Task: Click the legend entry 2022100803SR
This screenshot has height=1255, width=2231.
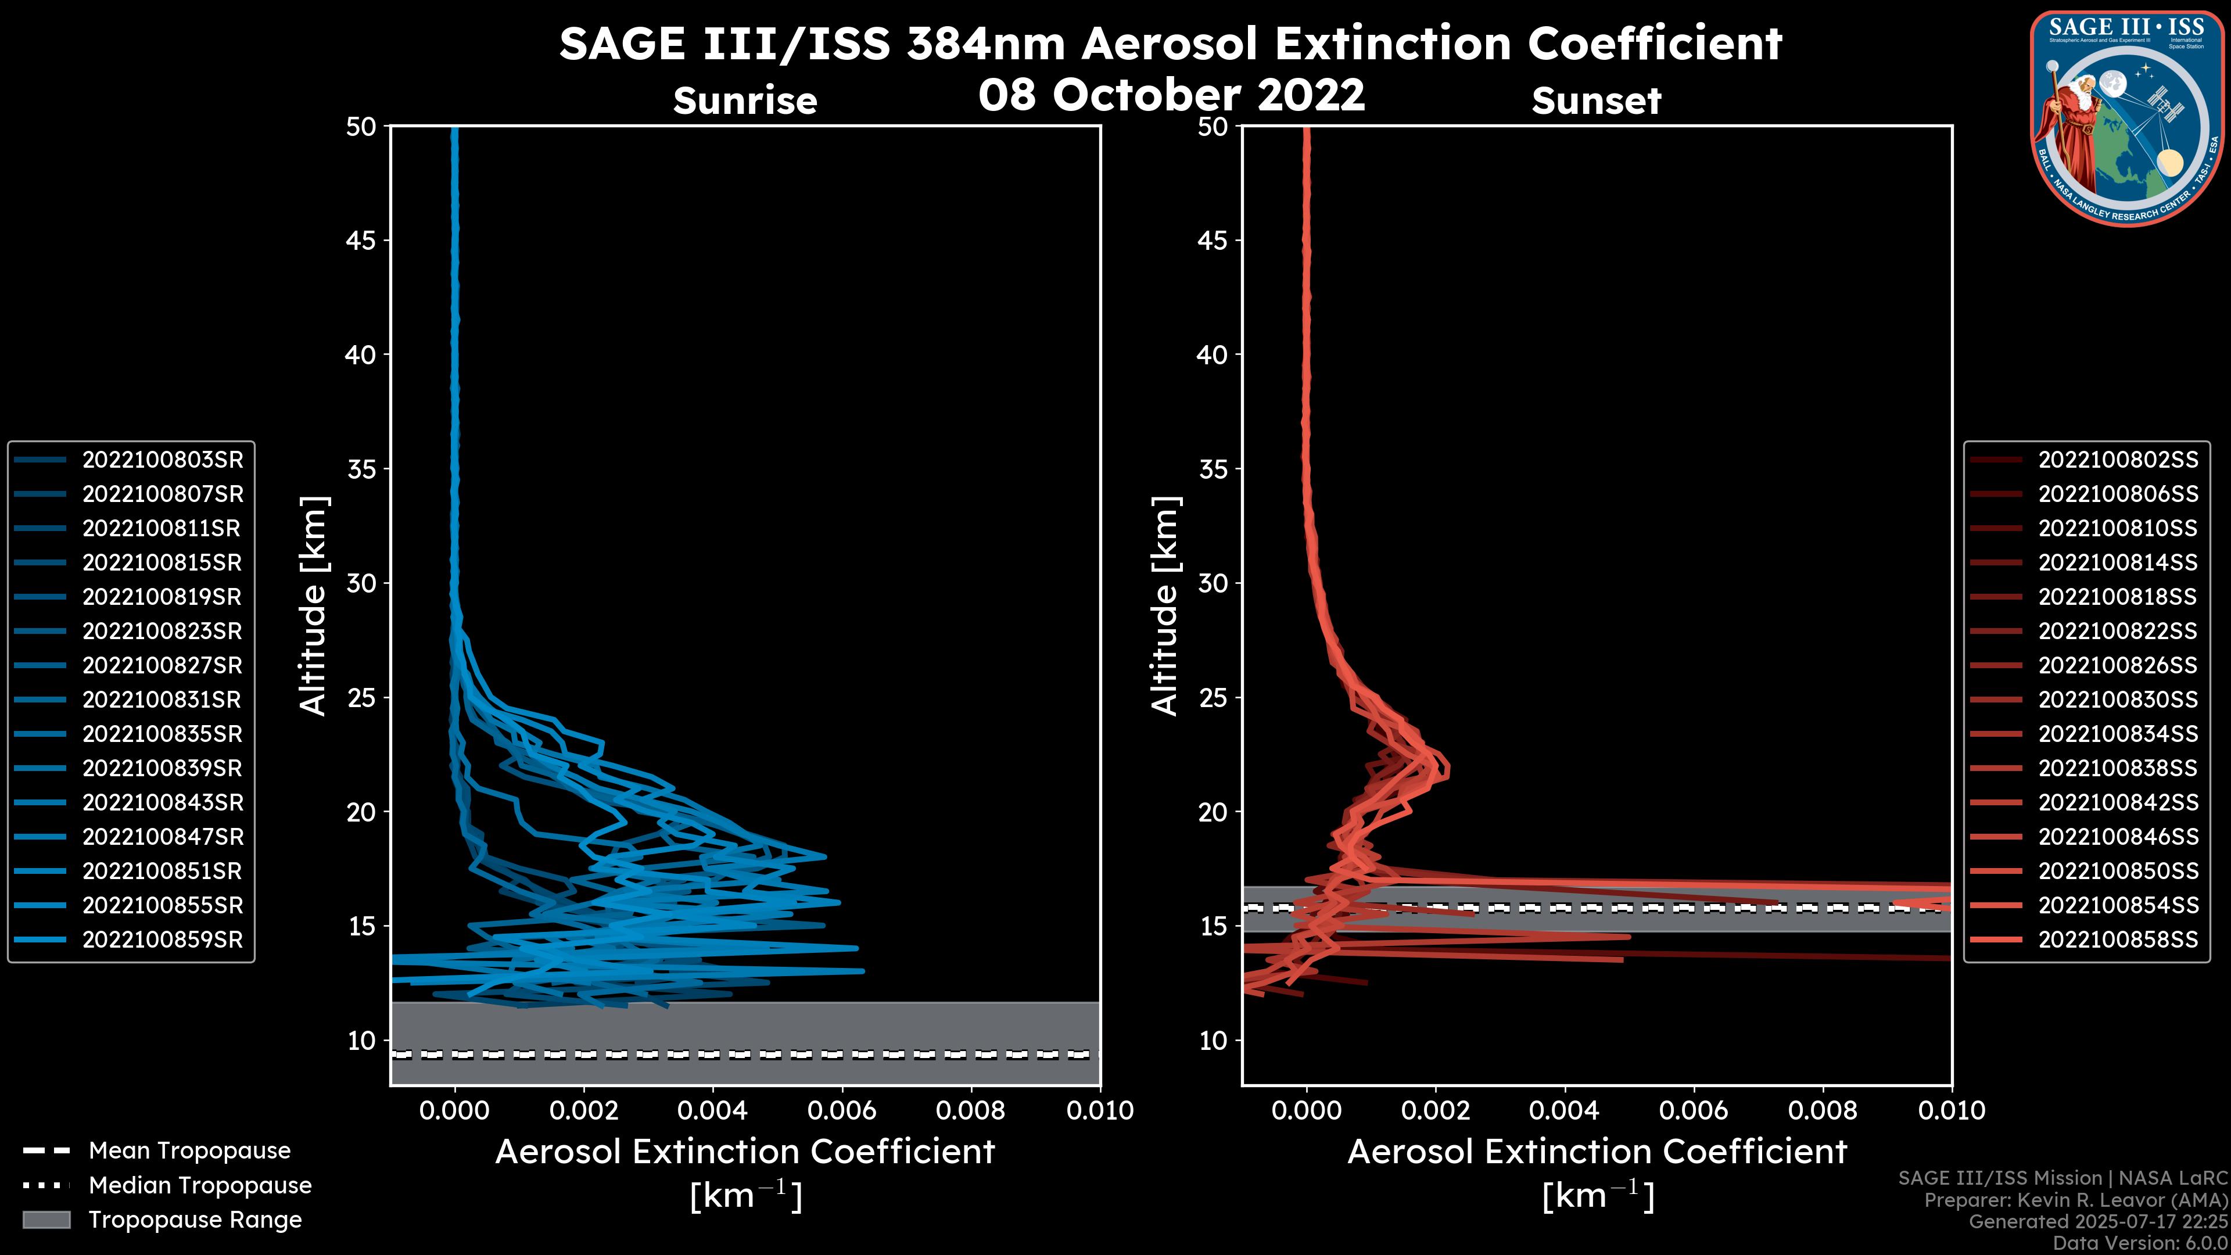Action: pyautogui.click(x=162, y=460)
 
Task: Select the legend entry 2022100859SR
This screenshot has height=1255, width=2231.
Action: pyautogui.click(x=162, y=940)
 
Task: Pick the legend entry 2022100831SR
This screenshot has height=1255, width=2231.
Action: pyautogui.click(x=162, y=700)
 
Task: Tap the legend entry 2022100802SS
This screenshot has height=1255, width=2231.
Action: pyautogui.click(x=2118, y=460)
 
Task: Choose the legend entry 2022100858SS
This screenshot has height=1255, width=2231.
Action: pyautogui.click(x=2118, y=940)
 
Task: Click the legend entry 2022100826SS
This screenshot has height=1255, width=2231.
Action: pyautogui.click(x=2118, y=665)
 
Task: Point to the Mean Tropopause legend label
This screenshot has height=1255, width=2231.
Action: pyautogui.click(x=189, y=1151)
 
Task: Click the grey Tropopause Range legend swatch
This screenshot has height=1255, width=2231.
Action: pyautogui.click(x=46, y=1220)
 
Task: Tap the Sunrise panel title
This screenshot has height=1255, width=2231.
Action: pyautogui.click(x=745, y=101)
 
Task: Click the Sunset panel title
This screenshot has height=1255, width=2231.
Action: pyautogui.click(x=1596, y=101)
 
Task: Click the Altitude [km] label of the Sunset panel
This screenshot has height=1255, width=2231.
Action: pyautogui.click(x=1165, y=606)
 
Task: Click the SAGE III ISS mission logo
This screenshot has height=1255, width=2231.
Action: pyautogui.click(x=2127, y=118)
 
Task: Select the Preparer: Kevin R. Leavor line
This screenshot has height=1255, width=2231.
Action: pyautogui.click(x=2075, y=1200)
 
